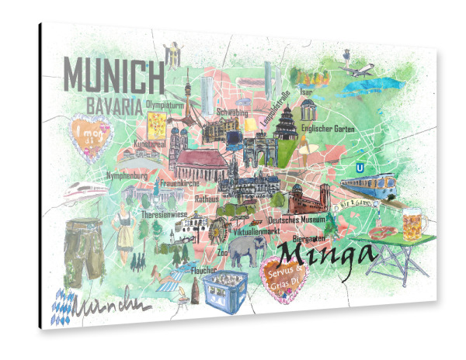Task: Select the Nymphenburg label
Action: coord(127,176)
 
